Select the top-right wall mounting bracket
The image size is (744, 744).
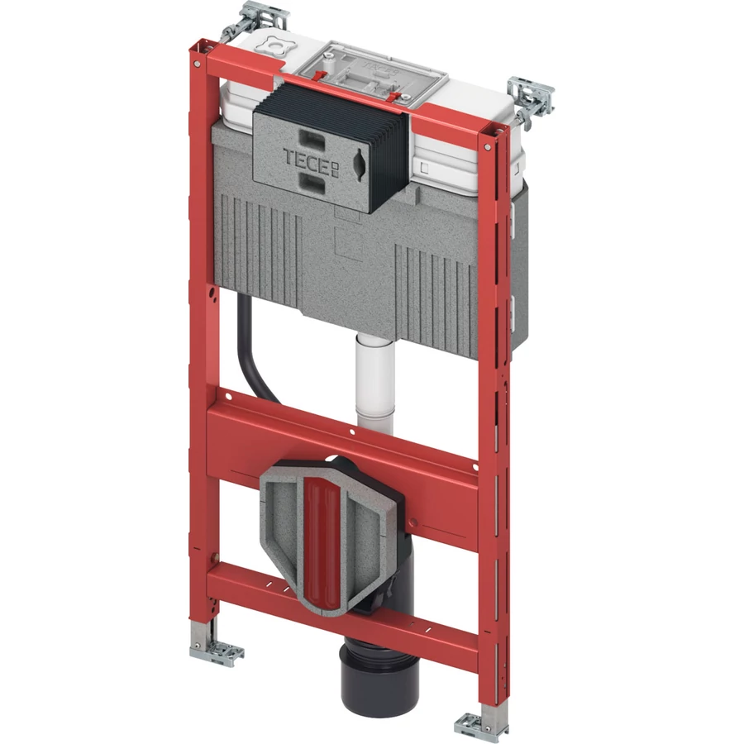(531, 101)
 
